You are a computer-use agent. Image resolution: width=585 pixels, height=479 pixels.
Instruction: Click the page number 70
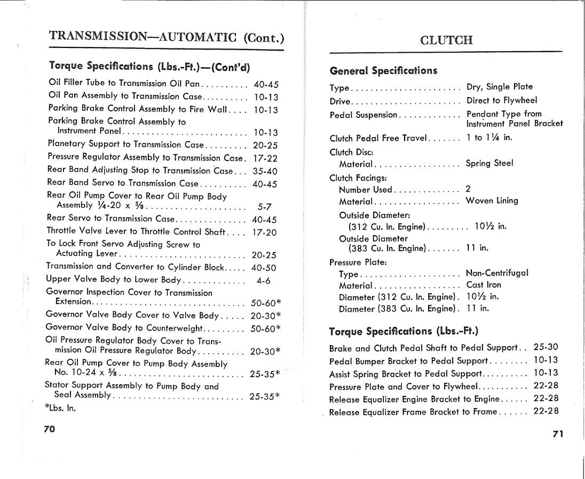(50, 429)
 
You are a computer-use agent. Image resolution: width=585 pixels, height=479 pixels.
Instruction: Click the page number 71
(558, 434)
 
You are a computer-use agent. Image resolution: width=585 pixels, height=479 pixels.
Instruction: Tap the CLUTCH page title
(446, 41)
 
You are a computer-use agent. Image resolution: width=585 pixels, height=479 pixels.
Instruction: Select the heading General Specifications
(383, 71)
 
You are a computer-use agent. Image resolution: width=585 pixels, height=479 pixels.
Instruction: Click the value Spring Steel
(489, 164)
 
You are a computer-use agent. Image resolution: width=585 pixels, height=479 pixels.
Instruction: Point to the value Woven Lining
(492, 201)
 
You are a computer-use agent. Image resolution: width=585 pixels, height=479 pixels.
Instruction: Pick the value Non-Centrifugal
(497, 273)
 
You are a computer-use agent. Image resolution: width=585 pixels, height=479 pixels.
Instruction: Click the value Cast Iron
(484, 285)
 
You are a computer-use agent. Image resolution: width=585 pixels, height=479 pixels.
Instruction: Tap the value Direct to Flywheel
(502, 100)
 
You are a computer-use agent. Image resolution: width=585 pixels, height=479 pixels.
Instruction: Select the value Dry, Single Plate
(500, 87)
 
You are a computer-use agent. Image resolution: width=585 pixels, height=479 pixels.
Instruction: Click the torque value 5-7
(265, 207)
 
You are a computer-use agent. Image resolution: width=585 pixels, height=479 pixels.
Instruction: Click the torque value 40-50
(264, 268)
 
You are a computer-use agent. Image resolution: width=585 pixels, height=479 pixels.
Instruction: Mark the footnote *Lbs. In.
(60, 409)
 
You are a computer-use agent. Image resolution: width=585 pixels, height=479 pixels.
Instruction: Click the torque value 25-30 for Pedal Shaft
(546, 347)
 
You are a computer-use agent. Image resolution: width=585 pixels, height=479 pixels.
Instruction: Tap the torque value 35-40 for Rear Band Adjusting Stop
(265, 171)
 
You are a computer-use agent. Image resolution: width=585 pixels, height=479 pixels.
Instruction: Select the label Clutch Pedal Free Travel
(378, 139)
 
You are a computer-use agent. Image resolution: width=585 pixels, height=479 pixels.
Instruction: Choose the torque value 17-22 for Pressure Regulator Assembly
(265, 158)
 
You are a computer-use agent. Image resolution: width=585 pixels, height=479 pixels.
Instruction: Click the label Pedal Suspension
(363, 115)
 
